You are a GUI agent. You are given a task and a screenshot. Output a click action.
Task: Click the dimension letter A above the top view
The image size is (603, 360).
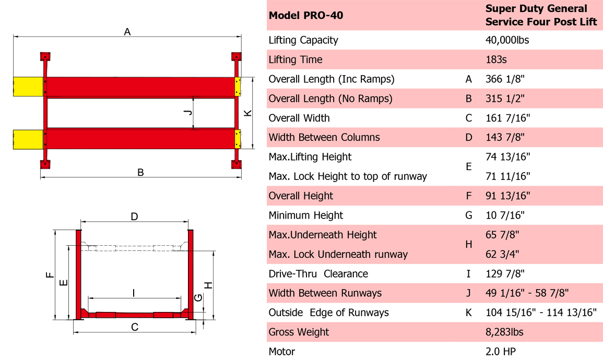pos(127,32)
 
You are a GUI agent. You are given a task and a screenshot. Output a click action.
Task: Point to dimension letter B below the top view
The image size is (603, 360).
pos(140,172)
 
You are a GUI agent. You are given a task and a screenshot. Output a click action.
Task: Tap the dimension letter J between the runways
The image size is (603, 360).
pos(189,112)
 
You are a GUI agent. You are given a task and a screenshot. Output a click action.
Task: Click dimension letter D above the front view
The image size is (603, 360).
pos(134,217)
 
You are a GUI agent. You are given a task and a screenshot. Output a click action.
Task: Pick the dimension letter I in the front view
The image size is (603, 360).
pos(134,293)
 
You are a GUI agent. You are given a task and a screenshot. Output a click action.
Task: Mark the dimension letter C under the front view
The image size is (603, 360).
pos(135,327)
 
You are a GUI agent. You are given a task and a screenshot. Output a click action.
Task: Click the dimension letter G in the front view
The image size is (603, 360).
pos(198,297)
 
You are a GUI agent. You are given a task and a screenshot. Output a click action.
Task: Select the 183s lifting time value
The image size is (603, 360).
pos(496,59)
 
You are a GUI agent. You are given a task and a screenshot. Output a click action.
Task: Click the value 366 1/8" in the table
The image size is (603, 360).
pos(504,79)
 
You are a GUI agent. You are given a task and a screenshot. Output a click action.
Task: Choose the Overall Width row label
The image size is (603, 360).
pos(299,118)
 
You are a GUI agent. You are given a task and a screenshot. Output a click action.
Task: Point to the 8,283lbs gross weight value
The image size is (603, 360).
pos(504,332)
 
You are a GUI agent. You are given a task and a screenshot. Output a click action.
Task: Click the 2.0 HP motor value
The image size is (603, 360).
pos(500,352)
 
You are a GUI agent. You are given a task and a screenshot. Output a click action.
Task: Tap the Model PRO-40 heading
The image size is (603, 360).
pos(306,15)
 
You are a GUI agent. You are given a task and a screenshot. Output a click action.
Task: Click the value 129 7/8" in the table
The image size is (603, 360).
pos(505,273)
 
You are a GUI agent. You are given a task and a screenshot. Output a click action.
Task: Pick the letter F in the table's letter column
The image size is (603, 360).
pos(468,196)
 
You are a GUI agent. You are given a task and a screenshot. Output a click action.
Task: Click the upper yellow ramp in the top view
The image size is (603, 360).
pos(28,87)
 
